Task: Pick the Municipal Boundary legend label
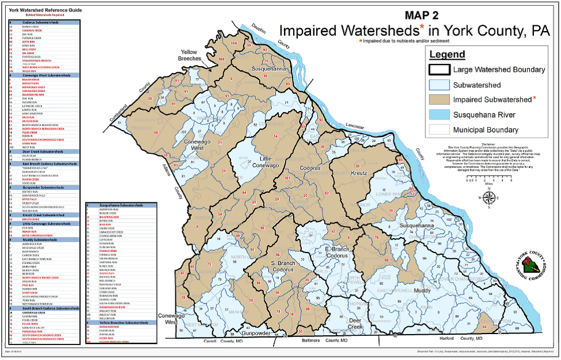[486, 130]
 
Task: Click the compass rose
[489, 197]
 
